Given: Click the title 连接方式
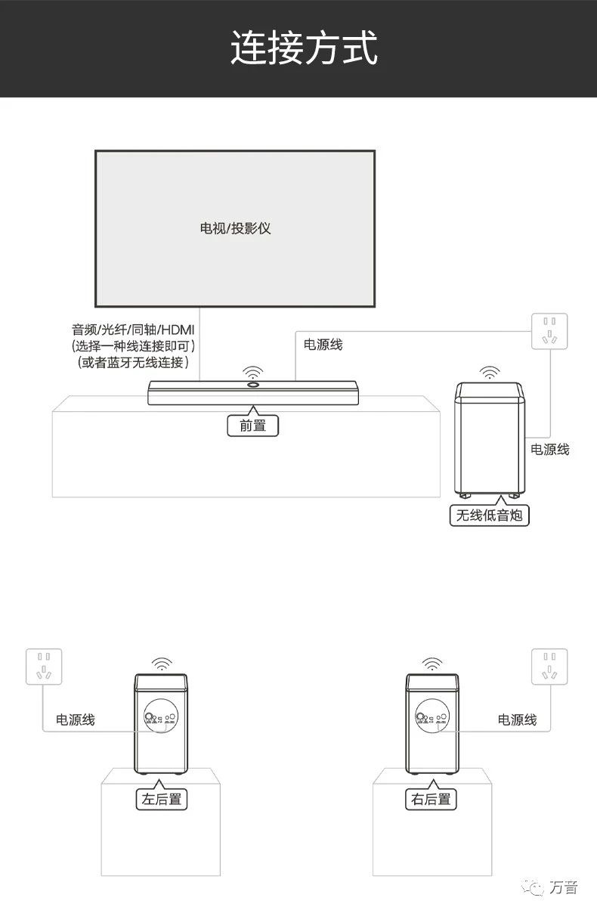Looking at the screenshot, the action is click(x=304, y=48).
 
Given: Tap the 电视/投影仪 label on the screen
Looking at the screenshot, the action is click(x=235, y=228).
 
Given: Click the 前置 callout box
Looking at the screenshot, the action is click(x=252, y=426).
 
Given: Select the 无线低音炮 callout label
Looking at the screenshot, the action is click(x=489, y=515).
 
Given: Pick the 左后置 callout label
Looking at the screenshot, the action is click(x=162, y=799).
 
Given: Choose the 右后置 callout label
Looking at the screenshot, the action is click(x=431, y=799).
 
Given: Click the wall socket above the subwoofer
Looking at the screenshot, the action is click(x=549, y=331).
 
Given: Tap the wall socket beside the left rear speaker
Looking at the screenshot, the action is click(x=44, y=667).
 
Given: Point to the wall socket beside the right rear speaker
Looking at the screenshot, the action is click(x=549, y=667).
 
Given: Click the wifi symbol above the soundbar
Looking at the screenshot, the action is click(x=252, y=373).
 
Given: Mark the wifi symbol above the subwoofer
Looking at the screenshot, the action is click(x=490, y=373).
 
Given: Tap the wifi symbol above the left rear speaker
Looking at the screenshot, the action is click(x=162, y=664).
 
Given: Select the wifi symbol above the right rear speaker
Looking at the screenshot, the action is click(x=432, y=664).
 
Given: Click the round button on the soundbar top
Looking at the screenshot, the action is click(x=252, y=385).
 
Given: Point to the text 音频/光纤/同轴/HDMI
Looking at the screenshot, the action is click(x=133, y=330).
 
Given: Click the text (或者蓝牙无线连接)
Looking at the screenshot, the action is click(x=133, y=362).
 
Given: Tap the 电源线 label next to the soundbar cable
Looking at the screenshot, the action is click(x=323, y=345).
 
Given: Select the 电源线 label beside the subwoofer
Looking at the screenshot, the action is click(x=549, y=450).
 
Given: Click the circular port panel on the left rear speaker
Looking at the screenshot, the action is click(x=161, y=716).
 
